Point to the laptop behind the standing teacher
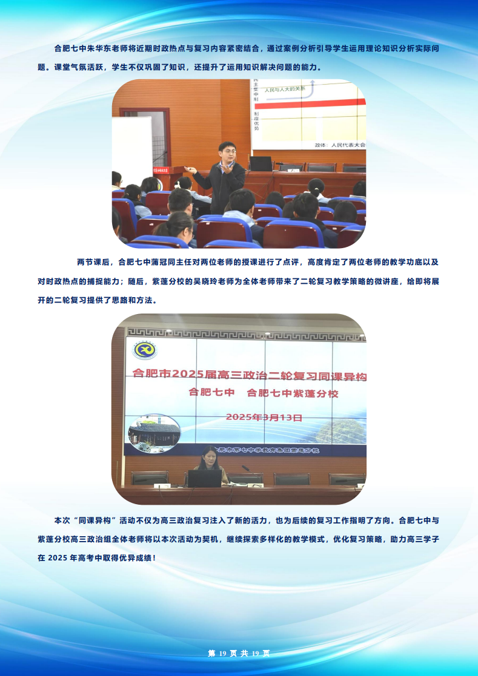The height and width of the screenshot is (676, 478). coord(261,163)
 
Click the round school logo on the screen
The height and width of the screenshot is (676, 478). coord(145,350)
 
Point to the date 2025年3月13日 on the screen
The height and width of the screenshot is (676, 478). coord(264,417)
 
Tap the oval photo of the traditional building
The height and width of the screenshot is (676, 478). coord(154,433)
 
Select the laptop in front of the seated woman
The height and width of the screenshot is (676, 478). coord(204,478)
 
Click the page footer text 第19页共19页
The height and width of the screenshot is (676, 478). coord(239,653)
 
